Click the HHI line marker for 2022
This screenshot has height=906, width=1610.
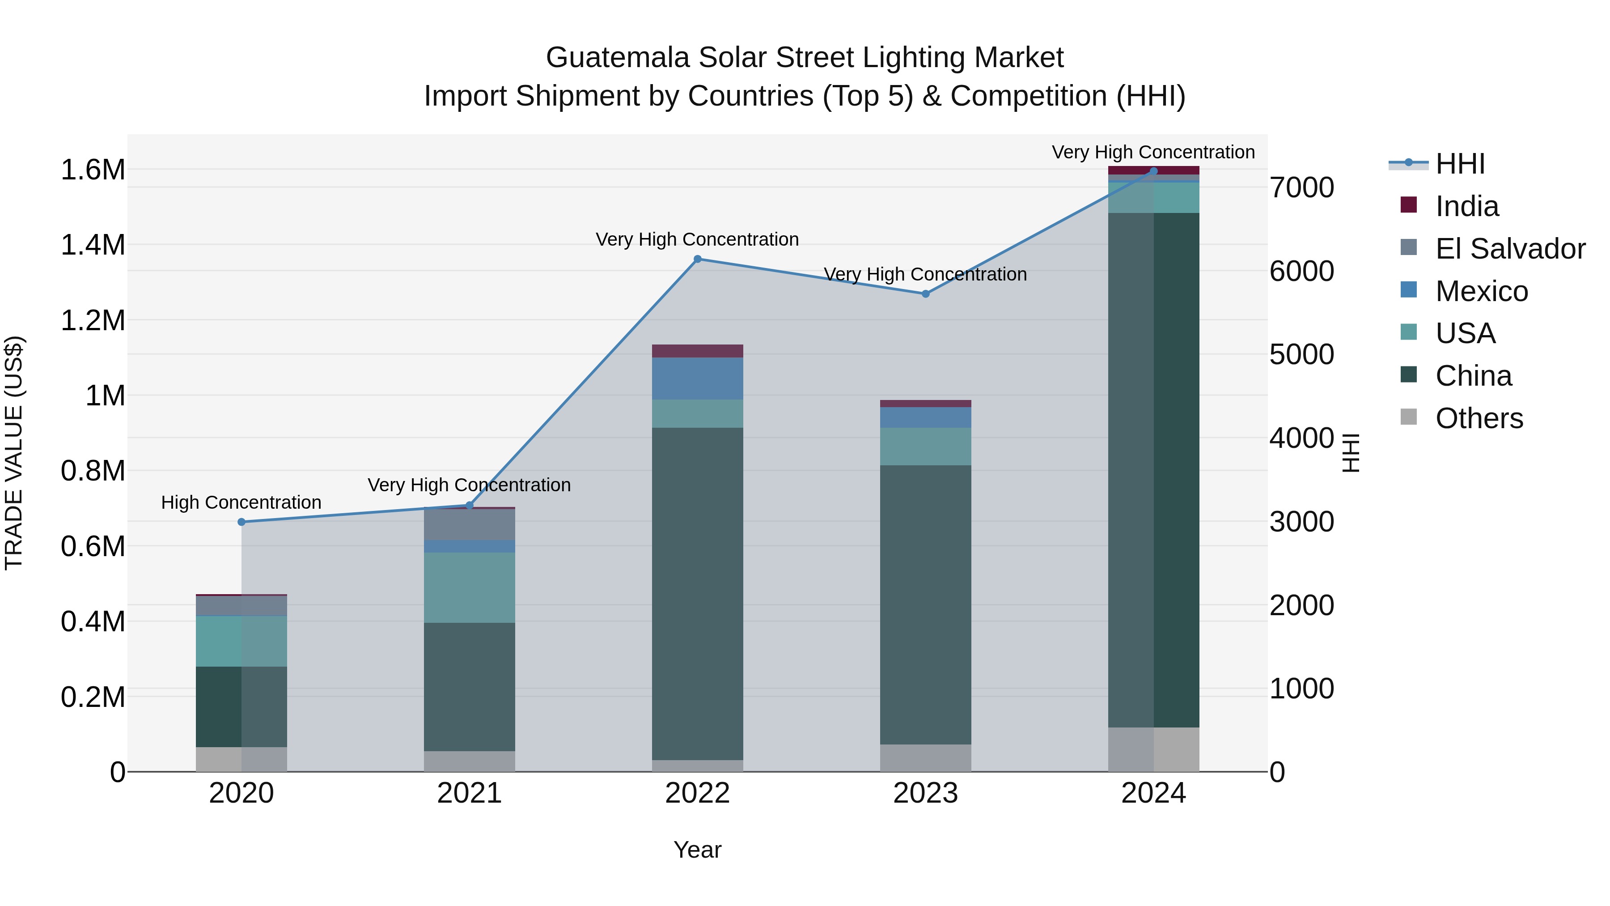(x=698, y=259)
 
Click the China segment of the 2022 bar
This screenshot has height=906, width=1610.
(x=698, y=594)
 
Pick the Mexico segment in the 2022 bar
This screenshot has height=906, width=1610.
(x=698, y=379)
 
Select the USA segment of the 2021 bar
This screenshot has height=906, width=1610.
(x=470, y=588)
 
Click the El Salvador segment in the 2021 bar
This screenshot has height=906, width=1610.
(x=470, y=525)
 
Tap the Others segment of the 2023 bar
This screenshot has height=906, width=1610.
(x=926, y=758)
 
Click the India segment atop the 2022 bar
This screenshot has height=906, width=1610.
(x=698, y=351)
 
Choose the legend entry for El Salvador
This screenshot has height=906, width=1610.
(x=1510, y=249)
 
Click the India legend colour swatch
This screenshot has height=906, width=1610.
(x=1409, y=205)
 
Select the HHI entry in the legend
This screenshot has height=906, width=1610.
(x=1460, y=164)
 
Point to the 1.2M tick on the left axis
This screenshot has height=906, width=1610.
(x=93, y=321)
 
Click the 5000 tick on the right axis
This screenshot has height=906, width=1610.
(x=1302, y=354)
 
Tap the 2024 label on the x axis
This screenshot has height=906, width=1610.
(x=1153, y=793)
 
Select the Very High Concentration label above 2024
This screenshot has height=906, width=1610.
(x=1153, y=152)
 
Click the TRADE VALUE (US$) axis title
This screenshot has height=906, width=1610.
(x=14, y=453)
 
